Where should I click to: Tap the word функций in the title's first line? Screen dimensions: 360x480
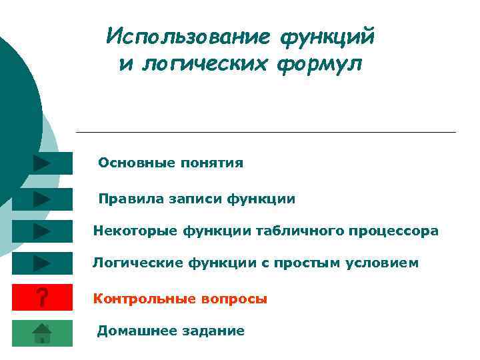click(x=327, y=37)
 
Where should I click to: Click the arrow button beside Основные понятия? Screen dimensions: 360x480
click(x=42, y=163)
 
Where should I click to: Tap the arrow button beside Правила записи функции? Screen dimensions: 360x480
click(x=42, y=199)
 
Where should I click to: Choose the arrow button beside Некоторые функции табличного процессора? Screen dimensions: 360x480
click(x=42, y=231)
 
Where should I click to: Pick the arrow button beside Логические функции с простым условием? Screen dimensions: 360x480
click(x=42, y=263)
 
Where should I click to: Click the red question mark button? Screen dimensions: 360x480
click(x=42, y=298)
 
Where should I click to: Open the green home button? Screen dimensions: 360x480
click(x=42, y=332)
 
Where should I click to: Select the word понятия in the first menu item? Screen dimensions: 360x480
click(x=211, y=163)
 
